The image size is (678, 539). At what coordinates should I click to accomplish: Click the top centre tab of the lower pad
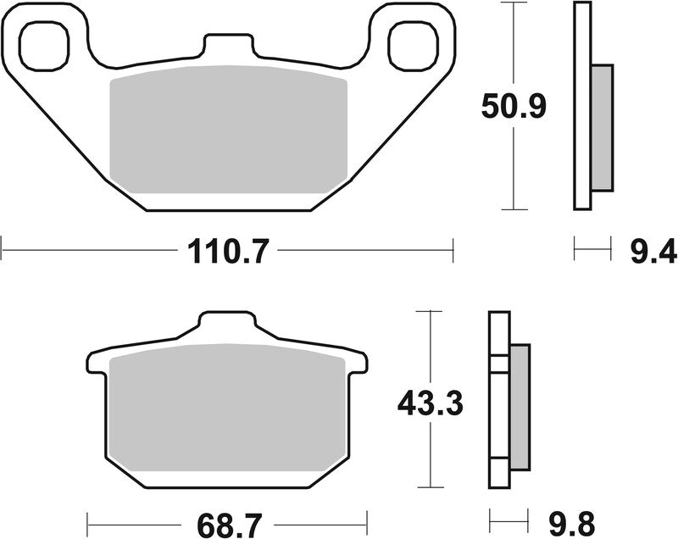coord(226,327)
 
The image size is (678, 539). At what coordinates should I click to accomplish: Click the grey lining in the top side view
coord(601,127)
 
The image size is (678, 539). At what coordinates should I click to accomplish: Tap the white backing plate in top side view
coord(581,106)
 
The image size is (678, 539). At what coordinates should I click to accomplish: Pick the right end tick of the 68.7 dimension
coord(367,519)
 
